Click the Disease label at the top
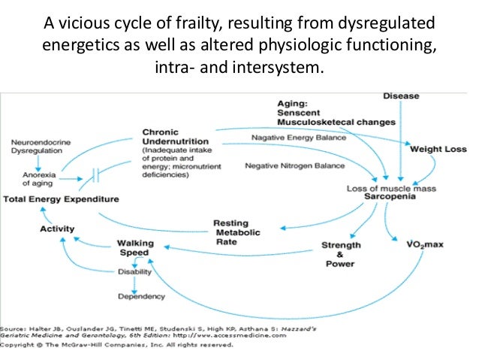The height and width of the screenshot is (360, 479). (401, 96)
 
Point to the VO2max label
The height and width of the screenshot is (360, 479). (422, 245)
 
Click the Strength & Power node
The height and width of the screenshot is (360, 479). (340, 254)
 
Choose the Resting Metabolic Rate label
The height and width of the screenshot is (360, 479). (236, 232)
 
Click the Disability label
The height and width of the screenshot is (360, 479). (134, 272)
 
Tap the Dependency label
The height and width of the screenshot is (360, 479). (141, 296)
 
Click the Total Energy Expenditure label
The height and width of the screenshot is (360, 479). (61, 199)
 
